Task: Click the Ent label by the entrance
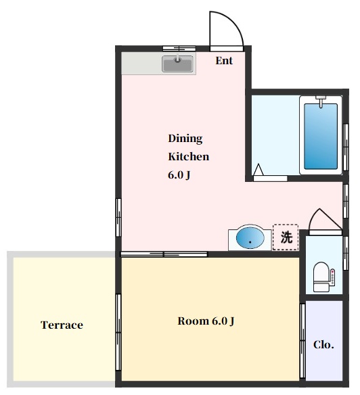point(224,61)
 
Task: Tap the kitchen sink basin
point(178,64)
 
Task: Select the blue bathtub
point(321,136)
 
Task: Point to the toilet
point(324,277)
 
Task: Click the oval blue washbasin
point(250,238)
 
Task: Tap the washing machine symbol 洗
point(286,237)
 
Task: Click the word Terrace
point(62,325)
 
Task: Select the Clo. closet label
point(323,345)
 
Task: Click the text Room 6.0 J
point(206,321)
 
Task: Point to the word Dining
point(185,139)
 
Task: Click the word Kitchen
point(189,157)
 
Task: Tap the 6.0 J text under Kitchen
point(179,175)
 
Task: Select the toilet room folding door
point(325,222)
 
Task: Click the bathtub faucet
point(321,101)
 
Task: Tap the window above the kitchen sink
point(179,49)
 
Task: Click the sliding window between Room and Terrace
point(118,332)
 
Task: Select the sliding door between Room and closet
point(302,341)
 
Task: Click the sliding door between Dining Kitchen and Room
point(164,254)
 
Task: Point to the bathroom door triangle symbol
point(258,170)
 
